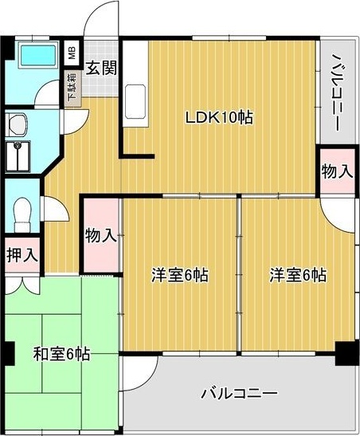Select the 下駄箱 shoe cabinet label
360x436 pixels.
click(x=72, y=88)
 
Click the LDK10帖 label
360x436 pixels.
click(x=219, y=117)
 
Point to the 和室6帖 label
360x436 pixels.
click(x=61, y=353)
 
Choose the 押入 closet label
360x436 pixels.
click(x=21, y=255)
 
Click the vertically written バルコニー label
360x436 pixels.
click(x=336, y=89)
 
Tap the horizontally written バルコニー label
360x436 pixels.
click(x=238, y=394)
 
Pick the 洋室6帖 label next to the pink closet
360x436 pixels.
click(x=180, y=276)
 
